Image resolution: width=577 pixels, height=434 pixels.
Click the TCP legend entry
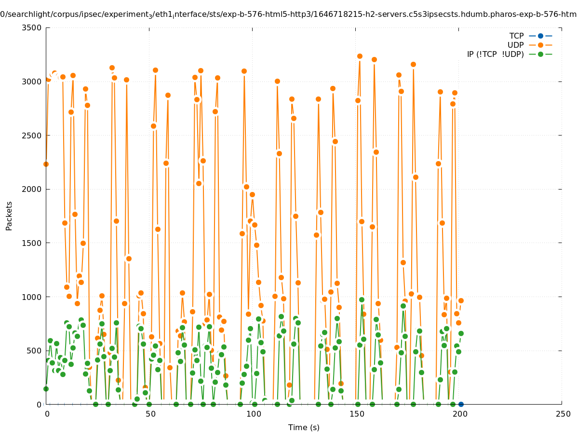tap(516, 36)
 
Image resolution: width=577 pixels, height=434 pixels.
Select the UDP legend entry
tap(515, 45)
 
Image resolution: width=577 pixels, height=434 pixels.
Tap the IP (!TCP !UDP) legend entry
tap(495, 54)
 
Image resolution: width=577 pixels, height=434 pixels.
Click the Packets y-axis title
tap(9, 216)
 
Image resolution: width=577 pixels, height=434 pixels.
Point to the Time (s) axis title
tap(304, 427)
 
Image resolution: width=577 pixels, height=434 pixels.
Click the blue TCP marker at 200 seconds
tap(461, 404)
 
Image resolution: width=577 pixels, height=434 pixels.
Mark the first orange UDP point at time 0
tap(46, 164)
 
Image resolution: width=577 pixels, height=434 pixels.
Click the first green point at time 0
tap(46, 389)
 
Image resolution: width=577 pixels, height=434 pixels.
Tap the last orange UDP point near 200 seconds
tap(461, 300)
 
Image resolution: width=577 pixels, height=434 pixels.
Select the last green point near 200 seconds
tap(461, 333)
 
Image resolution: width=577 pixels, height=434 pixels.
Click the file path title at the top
tap(288, 14)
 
